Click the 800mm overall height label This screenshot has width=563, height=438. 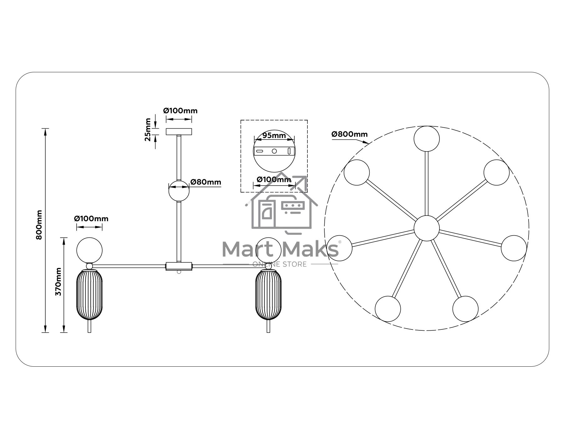[x=39, y=225]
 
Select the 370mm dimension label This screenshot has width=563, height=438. [x=58, y=282]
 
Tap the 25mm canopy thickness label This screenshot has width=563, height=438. [x=148, y=130]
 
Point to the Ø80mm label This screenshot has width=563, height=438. [x=206, y=182]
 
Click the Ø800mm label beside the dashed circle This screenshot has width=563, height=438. [x=350, y=134]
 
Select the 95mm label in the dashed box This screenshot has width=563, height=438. [x=274, y=135]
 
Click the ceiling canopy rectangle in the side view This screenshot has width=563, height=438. [x=179, y=132]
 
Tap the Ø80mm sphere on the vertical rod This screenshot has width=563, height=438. [x=179, y=191]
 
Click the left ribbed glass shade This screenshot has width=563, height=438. [x=89, y=295]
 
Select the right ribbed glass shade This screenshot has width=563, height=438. [x=268, y=295]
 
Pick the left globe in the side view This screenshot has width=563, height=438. [x=89, y=250]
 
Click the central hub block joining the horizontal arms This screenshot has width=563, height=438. [x=179, y=266]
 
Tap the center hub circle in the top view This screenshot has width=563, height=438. [x=427, y=228]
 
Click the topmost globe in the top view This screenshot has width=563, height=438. [x=427, y=139]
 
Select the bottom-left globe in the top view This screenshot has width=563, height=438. [x=388, y=309]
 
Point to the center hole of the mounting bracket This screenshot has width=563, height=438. [x=274, y=151]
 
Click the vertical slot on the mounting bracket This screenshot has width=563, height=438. [x=289, y=151]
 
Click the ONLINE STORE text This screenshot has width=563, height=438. [x=280, y=264]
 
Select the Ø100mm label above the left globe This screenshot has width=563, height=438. [x=91, y=219]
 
